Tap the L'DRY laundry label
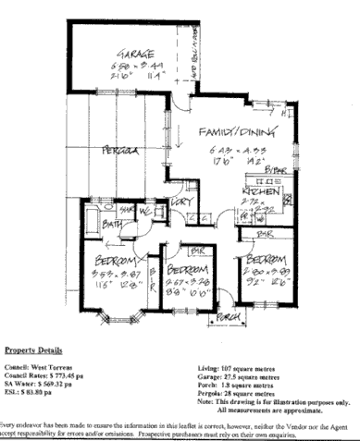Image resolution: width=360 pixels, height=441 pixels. click(180, 202)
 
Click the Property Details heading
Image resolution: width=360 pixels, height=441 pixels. click(31, 351)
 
